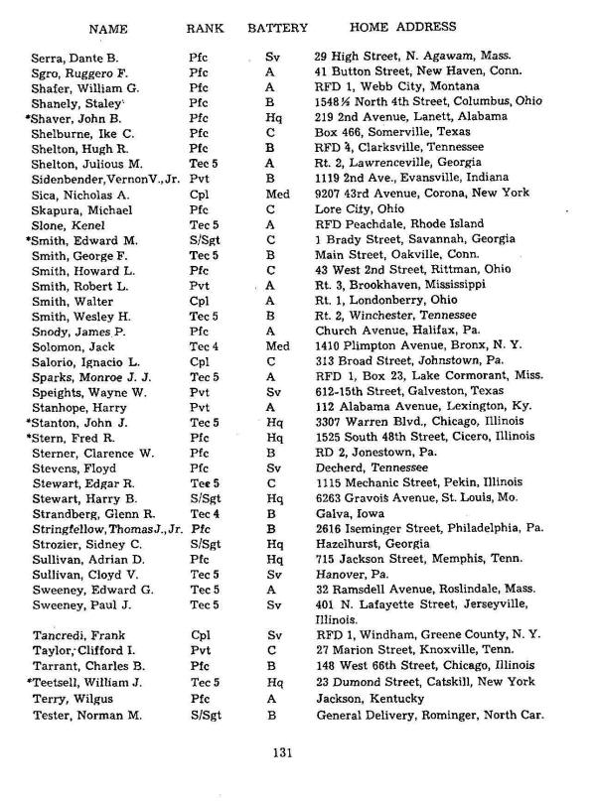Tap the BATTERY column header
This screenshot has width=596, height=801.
(277, 28)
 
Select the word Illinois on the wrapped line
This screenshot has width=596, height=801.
(335, 618)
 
